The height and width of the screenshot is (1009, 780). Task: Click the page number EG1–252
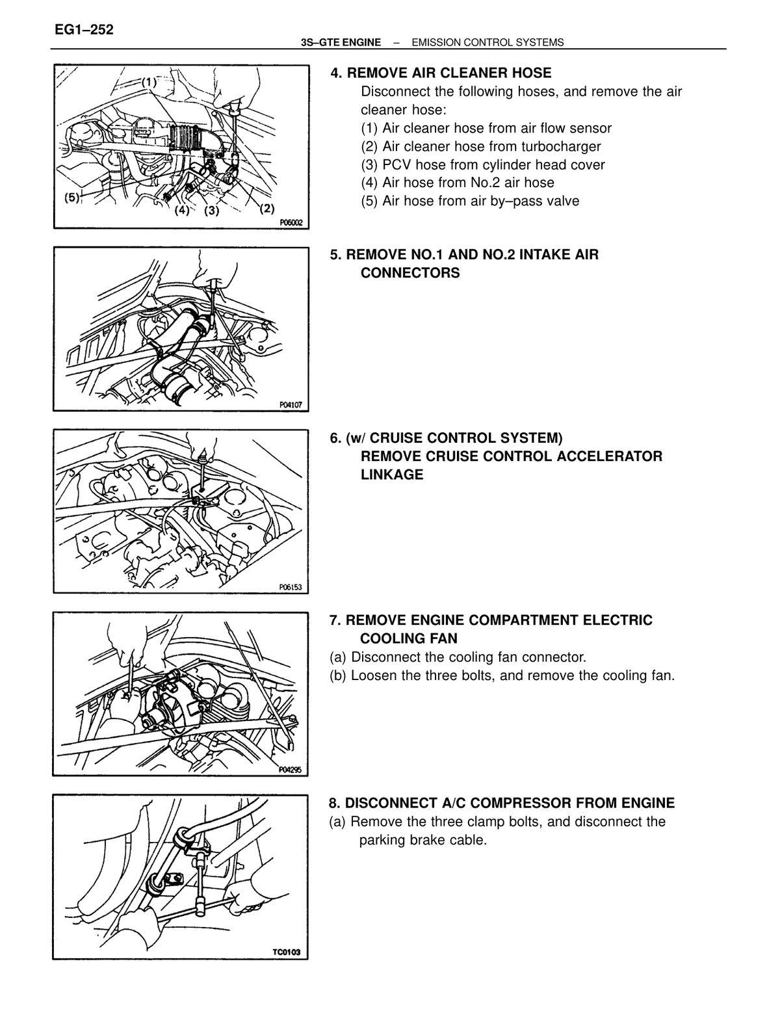coord(84,30)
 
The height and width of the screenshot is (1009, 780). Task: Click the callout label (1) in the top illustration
coord(149,83)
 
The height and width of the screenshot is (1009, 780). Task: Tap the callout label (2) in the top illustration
coord(266,209)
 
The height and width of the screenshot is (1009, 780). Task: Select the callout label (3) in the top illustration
coord(211,211)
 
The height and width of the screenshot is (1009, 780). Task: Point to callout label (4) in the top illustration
coord(181,211)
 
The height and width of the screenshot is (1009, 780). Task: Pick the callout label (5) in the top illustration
coord(72,198)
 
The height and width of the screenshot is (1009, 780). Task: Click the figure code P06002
coord(291,222)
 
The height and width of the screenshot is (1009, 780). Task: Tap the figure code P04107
coord(291,405)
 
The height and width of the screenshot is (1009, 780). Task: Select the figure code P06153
coord(291,587)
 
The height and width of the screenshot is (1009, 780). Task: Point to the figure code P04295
coord(290,770)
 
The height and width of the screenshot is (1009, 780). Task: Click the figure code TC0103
coord(286,952)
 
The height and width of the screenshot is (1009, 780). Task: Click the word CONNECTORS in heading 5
coord(410,273)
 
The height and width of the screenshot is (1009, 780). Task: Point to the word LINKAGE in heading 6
coord(392,475)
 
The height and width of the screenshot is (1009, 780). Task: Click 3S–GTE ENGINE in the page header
coord(341,43)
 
